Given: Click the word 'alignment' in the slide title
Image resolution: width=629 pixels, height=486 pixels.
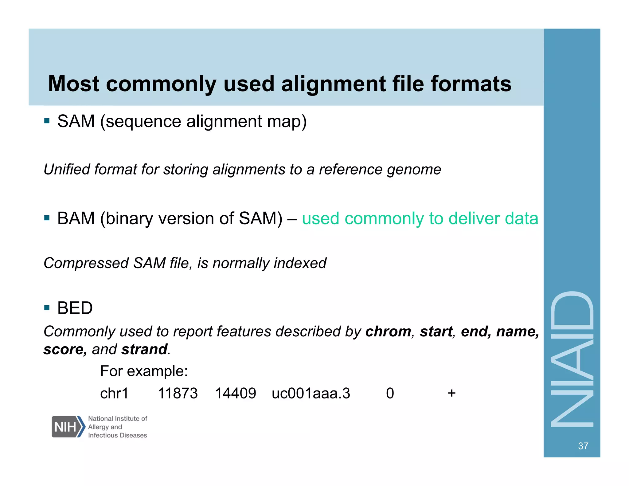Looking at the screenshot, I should (x=333, y=84).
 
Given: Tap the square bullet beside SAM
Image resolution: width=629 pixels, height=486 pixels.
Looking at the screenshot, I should (x=47, y=121).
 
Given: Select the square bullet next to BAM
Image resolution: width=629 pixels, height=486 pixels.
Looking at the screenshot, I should (x=47, y=218).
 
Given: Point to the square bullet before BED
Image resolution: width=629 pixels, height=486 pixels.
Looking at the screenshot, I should (x=47, y=308).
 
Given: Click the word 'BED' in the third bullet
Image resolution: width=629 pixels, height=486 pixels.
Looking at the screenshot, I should (x=75, y=308).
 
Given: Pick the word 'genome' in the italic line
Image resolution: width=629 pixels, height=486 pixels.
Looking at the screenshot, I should (x=414, y=170).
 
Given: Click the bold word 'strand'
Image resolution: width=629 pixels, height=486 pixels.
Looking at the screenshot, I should (x=144, y=349).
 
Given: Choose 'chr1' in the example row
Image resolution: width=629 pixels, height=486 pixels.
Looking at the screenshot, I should (x=114, y=393).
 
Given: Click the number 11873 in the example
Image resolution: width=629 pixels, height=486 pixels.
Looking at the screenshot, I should (x=178, y=393).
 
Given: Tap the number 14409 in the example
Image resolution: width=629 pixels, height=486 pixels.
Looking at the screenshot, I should (x=235, y=393).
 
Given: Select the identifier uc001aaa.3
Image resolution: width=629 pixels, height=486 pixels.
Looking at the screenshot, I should (x=311, y=393).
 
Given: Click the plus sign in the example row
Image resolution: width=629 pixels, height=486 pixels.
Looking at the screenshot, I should (x=451, y=393).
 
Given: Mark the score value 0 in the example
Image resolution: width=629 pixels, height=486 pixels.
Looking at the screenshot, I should (x=390, y=393).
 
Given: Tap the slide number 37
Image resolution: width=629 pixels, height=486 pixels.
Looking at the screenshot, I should (x=583, y=446).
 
